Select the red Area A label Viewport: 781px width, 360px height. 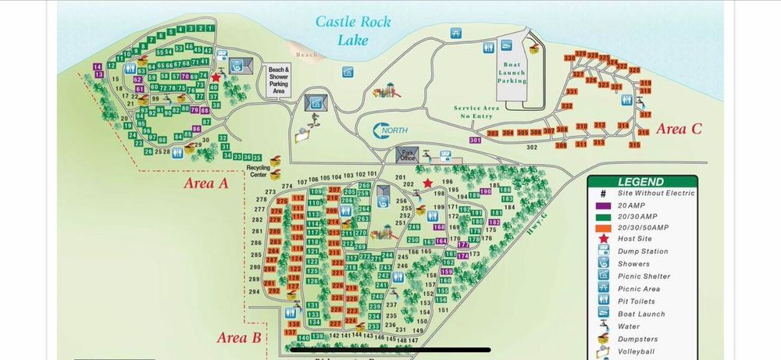[x=205, y=184]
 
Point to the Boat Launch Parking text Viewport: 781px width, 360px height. [x=512, y=73]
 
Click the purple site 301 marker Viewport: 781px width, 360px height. [x=476, y=141]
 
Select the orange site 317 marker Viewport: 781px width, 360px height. [x=645, y=115]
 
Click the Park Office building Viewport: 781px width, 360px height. [x=406, y=155]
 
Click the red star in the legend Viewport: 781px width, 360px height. [x=603, y=239]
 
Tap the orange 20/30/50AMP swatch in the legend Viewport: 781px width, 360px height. [x=603, y=226]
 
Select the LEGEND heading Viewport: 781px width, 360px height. [x=640, y=181]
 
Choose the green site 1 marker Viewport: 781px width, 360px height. [x=210, y=28]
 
